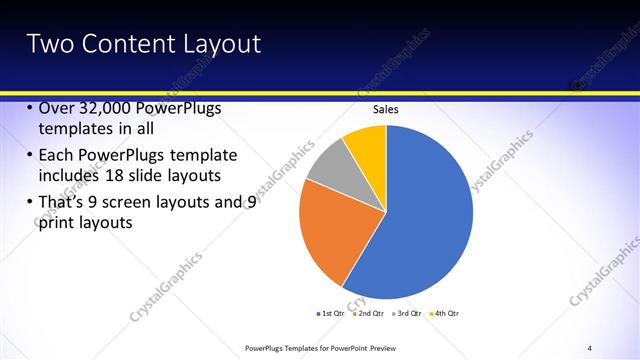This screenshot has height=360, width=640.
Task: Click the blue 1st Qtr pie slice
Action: point(420,220)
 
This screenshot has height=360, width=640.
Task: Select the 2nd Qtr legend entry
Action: point(369,314)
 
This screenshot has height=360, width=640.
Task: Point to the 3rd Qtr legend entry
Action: point(408,314)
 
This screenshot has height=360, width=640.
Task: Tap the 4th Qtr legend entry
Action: point(446,314)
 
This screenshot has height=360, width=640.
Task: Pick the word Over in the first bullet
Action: point(55,109)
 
